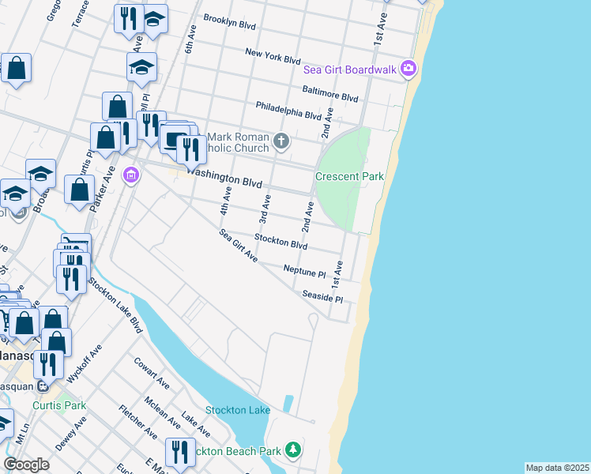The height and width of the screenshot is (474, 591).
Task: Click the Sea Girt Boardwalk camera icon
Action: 408,69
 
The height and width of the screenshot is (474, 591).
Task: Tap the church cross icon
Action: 282,142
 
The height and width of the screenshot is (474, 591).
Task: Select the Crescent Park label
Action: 349,176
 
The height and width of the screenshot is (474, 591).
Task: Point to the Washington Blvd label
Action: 224,182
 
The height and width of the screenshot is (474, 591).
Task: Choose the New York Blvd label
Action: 273,58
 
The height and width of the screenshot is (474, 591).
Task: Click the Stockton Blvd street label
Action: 280,241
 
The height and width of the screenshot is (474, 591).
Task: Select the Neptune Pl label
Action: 304,272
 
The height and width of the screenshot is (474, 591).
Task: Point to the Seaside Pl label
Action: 322,296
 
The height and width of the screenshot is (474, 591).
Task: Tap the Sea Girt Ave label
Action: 239,245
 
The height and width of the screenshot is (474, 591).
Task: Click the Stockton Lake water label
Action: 238,410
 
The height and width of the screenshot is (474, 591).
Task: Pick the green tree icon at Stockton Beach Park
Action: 293,450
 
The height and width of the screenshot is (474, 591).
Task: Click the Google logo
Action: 26,464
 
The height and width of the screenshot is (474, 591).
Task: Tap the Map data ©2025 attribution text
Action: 557,468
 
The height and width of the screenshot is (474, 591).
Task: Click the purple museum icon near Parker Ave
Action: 131,175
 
